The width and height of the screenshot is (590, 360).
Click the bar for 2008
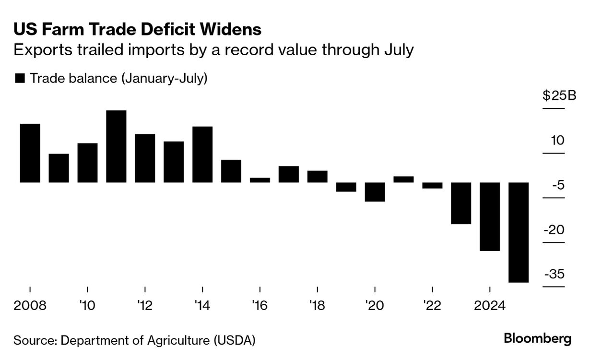pos(30,153)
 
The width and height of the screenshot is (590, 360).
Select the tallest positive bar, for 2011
pos(116,146)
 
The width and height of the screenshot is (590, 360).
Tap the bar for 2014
pos(202,155)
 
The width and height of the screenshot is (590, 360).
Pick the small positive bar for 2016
pos(260,180)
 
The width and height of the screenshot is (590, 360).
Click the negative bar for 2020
pos(375,192)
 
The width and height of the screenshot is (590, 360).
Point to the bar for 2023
pos(461,203)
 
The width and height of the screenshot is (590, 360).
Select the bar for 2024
pos(490,216)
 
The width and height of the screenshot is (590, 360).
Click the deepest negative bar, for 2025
pos(519,232)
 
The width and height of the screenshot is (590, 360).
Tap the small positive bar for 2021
pos(403,180)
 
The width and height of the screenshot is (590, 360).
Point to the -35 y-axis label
pos(554,275)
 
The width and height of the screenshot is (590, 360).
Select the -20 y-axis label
pos(554,230)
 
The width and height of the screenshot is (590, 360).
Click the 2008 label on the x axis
pos(30,305)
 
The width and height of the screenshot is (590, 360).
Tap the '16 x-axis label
pos(260,305)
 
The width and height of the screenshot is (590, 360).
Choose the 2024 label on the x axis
pos(489,305)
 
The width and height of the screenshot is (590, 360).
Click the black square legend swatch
pos(20,79)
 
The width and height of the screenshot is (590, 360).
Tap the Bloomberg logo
pos(538,338)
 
